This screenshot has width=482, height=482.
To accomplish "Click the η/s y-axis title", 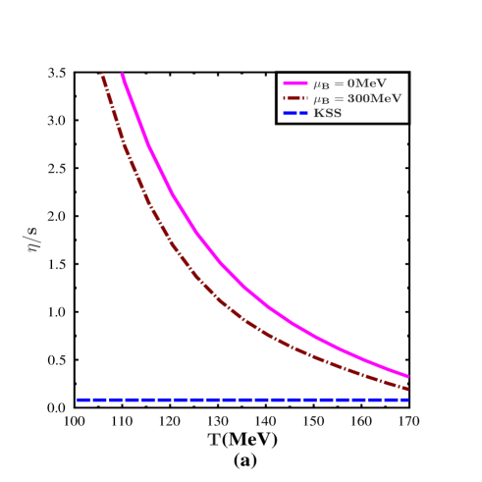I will pos(32,239).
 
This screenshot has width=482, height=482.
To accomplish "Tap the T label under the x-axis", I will pos(214,440).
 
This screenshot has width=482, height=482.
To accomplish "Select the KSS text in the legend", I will pos(327,113).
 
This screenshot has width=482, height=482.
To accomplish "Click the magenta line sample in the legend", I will pos(295,84).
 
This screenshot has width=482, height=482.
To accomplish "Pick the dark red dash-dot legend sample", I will pos(295,98).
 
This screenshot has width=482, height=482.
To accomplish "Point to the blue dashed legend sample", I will pos(295,113).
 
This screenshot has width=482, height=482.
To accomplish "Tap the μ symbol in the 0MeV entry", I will pos(317,84).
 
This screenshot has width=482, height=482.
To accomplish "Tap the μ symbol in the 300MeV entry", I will pos(317,99).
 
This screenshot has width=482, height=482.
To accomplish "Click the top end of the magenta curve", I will pos(122,75).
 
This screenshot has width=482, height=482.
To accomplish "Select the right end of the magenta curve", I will pos(407,376).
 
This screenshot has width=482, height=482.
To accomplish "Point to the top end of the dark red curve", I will pos(101,75).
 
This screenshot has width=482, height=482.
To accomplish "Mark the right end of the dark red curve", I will pos(407,389).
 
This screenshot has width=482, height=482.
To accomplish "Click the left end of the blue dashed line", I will pos(78,400).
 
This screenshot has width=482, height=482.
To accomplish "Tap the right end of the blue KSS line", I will pos(407,400).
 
